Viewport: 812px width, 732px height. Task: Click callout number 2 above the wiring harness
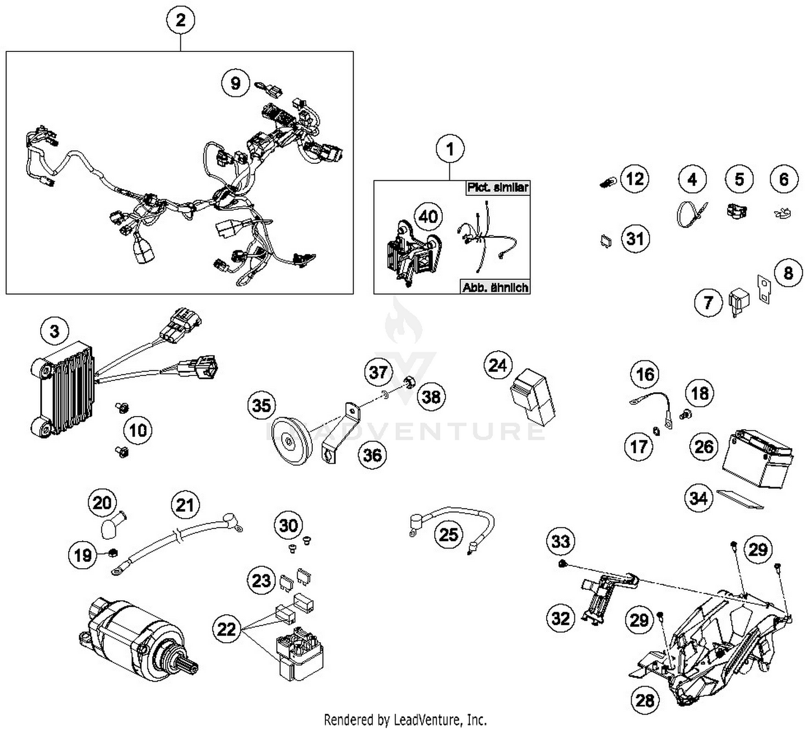[180, 21]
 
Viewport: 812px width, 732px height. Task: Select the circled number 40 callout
[428, 217]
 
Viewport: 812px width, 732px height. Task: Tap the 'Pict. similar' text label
[496, 188]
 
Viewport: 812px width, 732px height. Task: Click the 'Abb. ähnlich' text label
[495, 287]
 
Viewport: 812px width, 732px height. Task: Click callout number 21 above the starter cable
[185, 505]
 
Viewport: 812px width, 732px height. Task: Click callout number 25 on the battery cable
[449, 535]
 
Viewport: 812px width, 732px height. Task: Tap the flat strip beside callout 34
[739, 500]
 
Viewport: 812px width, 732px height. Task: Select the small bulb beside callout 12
[606, 182]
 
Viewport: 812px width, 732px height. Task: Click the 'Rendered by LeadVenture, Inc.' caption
[405, 720]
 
